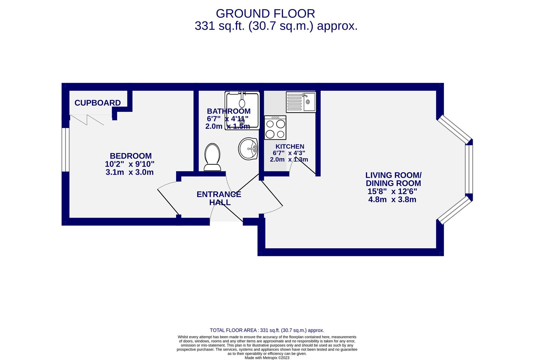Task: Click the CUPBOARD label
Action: pyautogui.click(x=97, y=103)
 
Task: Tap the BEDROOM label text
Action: pyautogui.click(x=131, y=156)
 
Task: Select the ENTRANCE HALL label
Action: pyautogui.click(x=219, y=198)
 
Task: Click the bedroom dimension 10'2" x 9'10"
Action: pyautogui.click(x=130, y=164)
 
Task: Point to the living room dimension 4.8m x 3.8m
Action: pyautogui.click(x=392, y=200)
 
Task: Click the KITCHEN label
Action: pyautogui.click(x=290, y=146)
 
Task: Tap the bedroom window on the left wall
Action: pyautogui.click(x=66, y=149)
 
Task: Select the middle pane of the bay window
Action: pyautogui.click(x=469, y=169)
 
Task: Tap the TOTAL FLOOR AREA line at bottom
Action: pyautogui.click(x=267, y=330)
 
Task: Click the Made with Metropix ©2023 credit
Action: pyautogui.click(x=267, y=358)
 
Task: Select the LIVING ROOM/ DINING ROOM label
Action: pyautogui.click(x=393, y=179)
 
